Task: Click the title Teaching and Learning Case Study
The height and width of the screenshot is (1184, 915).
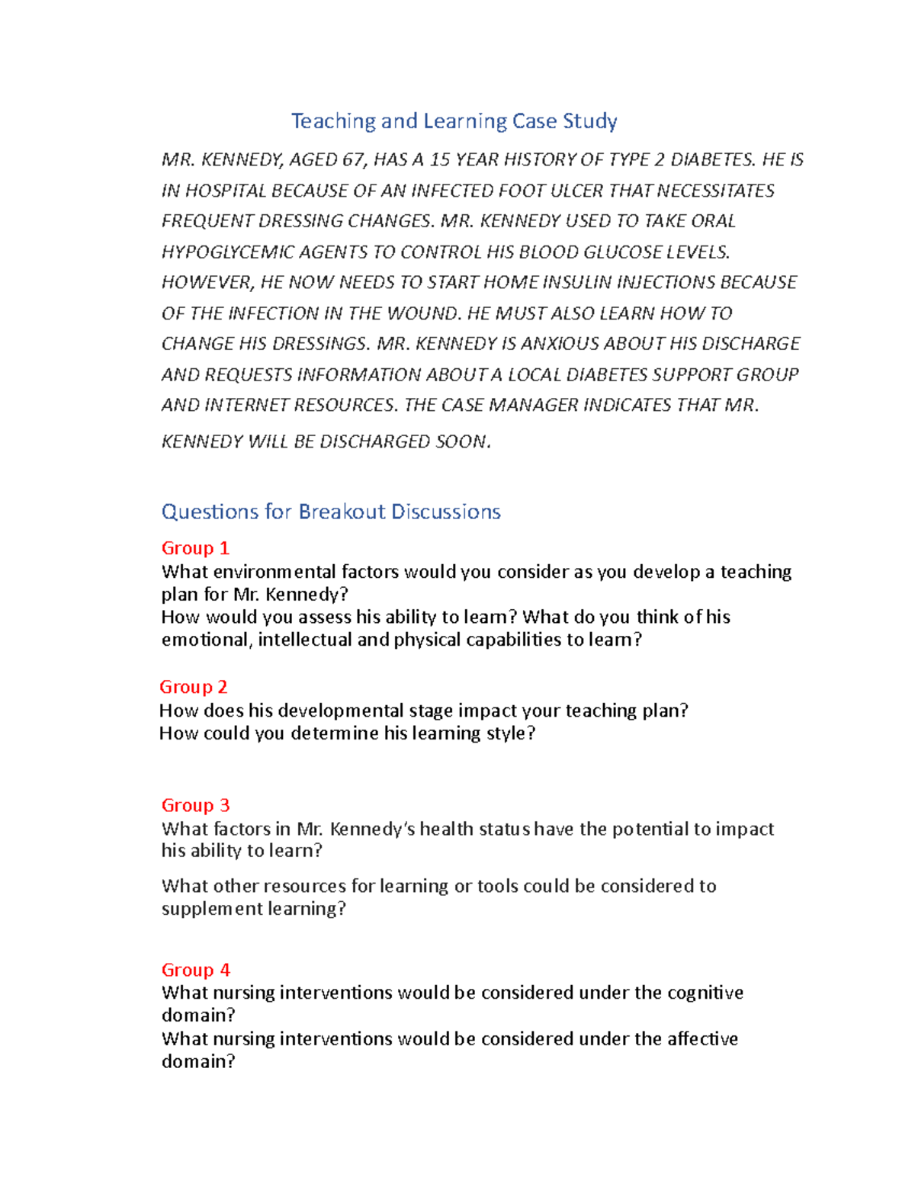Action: click(454, 121)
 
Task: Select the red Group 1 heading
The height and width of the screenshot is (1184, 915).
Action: click(195, 548)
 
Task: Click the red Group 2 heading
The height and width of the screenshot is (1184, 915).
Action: click(193, 687)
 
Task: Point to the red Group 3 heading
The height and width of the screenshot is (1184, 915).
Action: click(195, 805)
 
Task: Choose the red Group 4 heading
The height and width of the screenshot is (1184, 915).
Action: click(195, 970)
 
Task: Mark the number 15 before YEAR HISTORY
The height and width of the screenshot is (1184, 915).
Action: click(440, 160)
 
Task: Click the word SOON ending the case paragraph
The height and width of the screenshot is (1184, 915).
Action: click(461, 442)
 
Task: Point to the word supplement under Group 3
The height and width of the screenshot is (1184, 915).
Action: click(210, 909)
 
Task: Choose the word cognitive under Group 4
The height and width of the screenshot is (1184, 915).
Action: click(705, 993)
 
